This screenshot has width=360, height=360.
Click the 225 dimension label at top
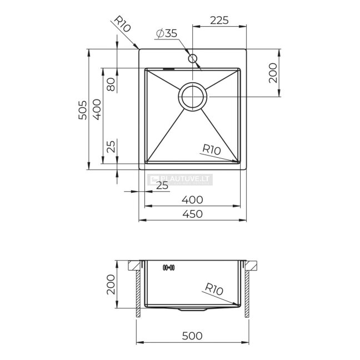click(x=219, y=20)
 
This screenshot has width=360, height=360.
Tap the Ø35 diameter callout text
click(x=167, y=33)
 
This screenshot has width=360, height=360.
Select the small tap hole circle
click(x=192, y=58)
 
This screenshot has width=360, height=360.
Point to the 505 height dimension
click(x=83, y=110)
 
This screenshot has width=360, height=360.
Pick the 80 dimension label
click(x=111, y=84)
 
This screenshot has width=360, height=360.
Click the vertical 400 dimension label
click(x=97, y=109)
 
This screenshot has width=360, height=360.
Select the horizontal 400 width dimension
click(x=192, y=200)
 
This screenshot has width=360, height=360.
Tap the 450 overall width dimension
click(x=192, y=214)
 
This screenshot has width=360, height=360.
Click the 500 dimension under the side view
click(x=192, y=336)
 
